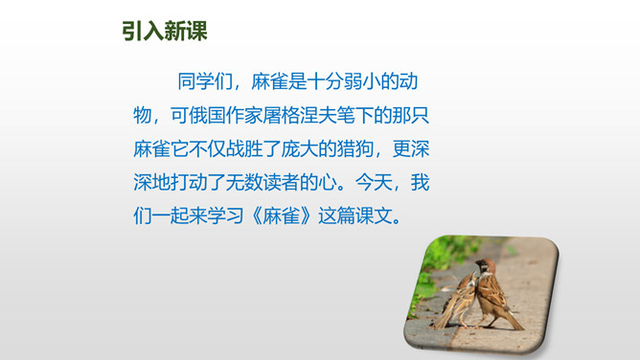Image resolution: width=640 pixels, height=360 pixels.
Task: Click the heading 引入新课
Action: point(165,31)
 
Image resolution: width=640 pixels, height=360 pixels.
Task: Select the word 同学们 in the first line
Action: point(205,81)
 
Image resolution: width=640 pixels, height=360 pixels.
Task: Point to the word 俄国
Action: point(207,116)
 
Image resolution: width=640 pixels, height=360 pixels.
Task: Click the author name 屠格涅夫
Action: point(300,116)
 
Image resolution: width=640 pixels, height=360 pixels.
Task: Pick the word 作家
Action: point(244,116)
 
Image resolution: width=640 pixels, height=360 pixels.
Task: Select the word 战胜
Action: point(244,148)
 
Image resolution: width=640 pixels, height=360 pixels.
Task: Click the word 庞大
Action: point(300,148)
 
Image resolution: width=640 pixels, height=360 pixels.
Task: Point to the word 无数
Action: point(244,182)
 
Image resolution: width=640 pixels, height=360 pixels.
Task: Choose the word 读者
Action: point(282,182)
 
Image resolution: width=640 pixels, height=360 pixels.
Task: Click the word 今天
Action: point(374,182)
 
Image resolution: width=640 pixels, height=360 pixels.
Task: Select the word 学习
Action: point(226,215)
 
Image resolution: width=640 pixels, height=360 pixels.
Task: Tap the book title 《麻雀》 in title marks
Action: point(282,215)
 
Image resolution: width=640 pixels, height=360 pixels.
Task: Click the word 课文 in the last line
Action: point(374,215)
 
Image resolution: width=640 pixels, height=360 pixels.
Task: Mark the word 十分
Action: point(325,81)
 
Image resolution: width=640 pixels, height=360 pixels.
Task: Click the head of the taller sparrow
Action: point(486,266)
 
